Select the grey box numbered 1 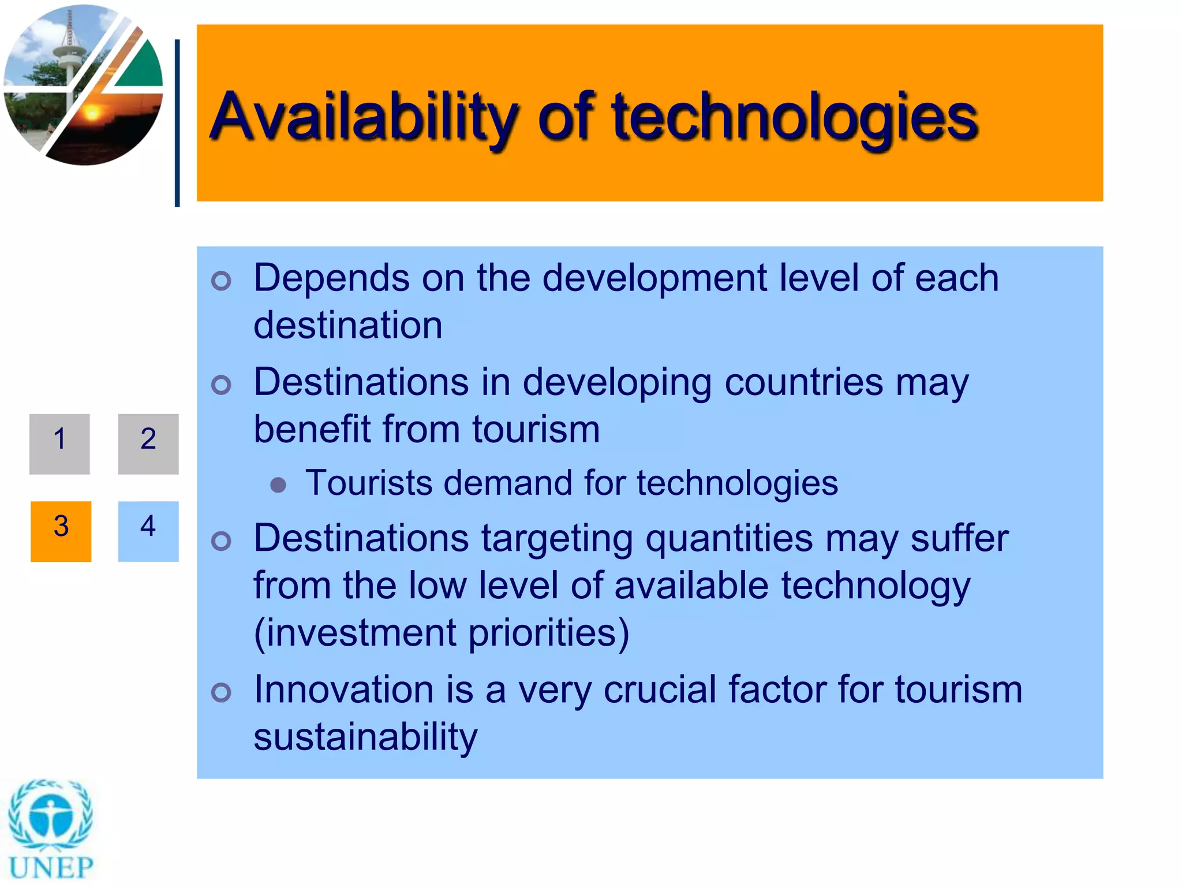click(59, 443)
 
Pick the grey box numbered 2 click(148, 443)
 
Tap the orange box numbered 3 click(61, 531)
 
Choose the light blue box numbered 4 click(148, 531)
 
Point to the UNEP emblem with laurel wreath click(51, 814)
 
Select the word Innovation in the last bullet click(343, 690)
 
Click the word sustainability click(365, 737)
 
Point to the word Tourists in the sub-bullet click(369, 483)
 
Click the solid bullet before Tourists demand click(278, 485)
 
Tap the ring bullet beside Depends click(221, 281)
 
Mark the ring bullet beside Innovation click(221, 692)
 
